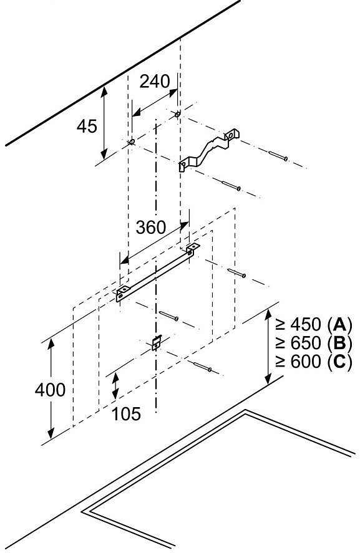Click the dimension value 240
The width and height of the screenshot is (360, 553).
(155, 82)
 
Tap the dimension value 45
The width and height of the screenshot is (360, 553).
(87, 126)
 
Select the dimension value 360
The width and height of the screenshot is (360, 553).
(151, 228)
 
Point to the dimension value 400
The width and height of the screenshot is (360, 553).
(50, 390)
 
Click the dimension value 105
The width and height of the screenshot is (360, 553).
(126, 414)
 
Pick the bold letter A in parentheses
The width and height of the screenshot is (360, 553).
(339, 324)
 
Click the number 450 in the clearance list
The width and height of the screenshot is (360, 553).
(306, 324)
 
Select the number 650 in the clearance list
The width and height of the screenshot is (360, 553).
(306, 343)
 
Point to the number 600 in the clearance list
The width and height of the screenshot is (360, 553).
(306, 361)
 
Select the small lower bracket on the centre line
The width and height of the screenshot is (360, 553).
(157, 342)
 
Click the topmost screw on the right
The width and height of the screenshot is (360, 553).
(278, 155)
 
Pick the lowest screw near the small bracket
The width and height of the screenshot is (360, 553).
(203, 367)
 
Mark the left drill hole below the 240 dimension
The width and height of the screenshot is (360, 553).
(132, 142)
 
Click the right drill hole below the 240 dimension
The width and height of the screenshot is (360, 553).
(178, 114)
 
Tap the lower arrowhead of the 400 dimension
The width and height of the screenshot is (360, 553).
(51, 433)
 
